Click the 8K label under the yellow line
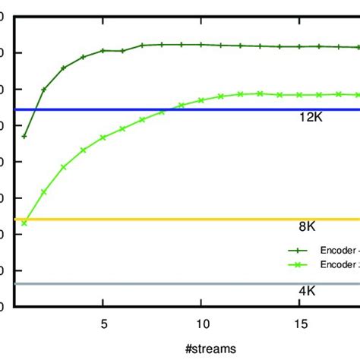[307, 226]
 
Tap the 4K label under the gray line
[307, 291]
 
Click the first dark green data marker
[24, 137]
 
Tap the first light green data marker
[24, 223]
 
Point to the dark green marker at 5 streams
[103, 51]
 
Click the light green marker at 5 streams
[103, 137]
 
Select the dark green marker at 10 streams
[201, 45]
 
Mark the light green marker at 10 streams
[201, 100]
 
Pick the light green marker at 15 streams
[299, 95]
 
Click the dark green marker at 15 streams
[299, 46]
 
